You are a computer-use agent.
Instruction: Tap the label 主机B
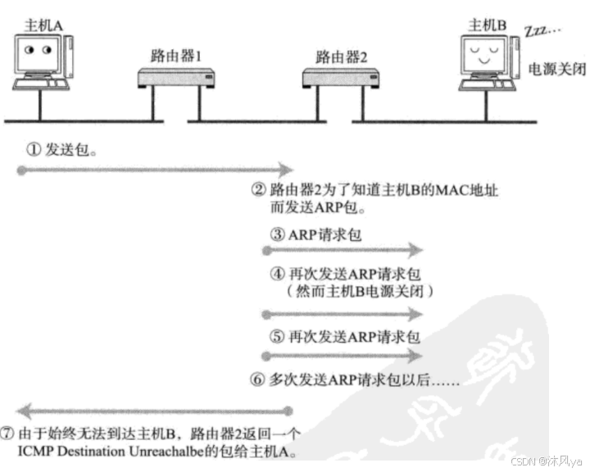point(486,24)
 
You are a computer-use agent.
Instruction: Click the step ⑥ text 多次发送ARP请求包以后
point(355,380)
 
